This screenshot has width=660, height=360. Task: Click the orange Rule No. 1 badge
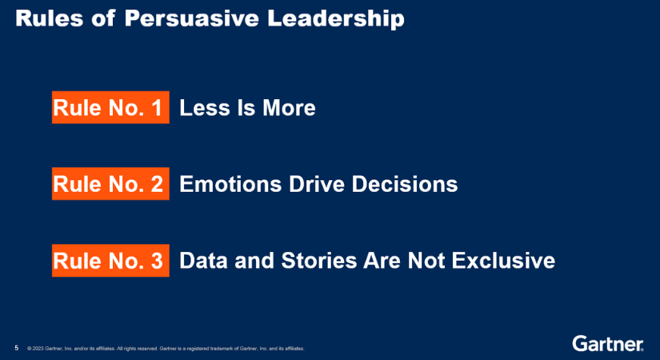click(x=110, y=107)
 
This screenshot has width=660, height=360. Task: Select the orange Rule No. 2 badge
click(x=110, y=183)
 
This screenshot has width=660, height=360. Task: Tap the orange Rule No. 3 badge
click(x=110, y=260)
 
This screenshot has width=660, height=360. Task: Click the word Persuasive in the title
click(x=191, y=18)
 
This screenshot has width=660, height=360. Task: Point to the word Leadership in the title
click(x=336, y=19)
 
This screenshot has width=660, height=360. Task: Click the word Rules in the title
click(x=50, y=18)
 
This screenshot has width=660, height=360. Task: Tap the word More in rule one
click(x=289, y=108)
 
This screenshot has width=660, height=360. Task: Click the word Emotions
click(x=230, y=184)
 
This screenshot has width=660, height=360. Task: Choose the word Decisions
click(x=405, y=184)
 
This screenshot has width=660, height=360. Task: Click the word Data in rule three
click(x=203, y=261)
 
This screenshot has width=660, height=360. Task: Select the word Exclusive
click(x=503, y=261)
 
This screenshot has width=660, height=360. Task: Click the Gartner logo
click(x=608, y=343)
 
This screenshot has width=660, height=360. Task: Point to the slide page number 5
click(x=17, y=348)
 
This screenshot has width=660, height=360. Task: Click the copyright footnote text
click(x=166, y=349)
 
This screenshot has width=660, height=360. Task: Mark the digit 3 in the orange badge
click(x=157, y=261)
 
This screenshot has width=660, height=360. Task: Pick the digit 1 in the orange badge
click(x=157, y=108)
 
